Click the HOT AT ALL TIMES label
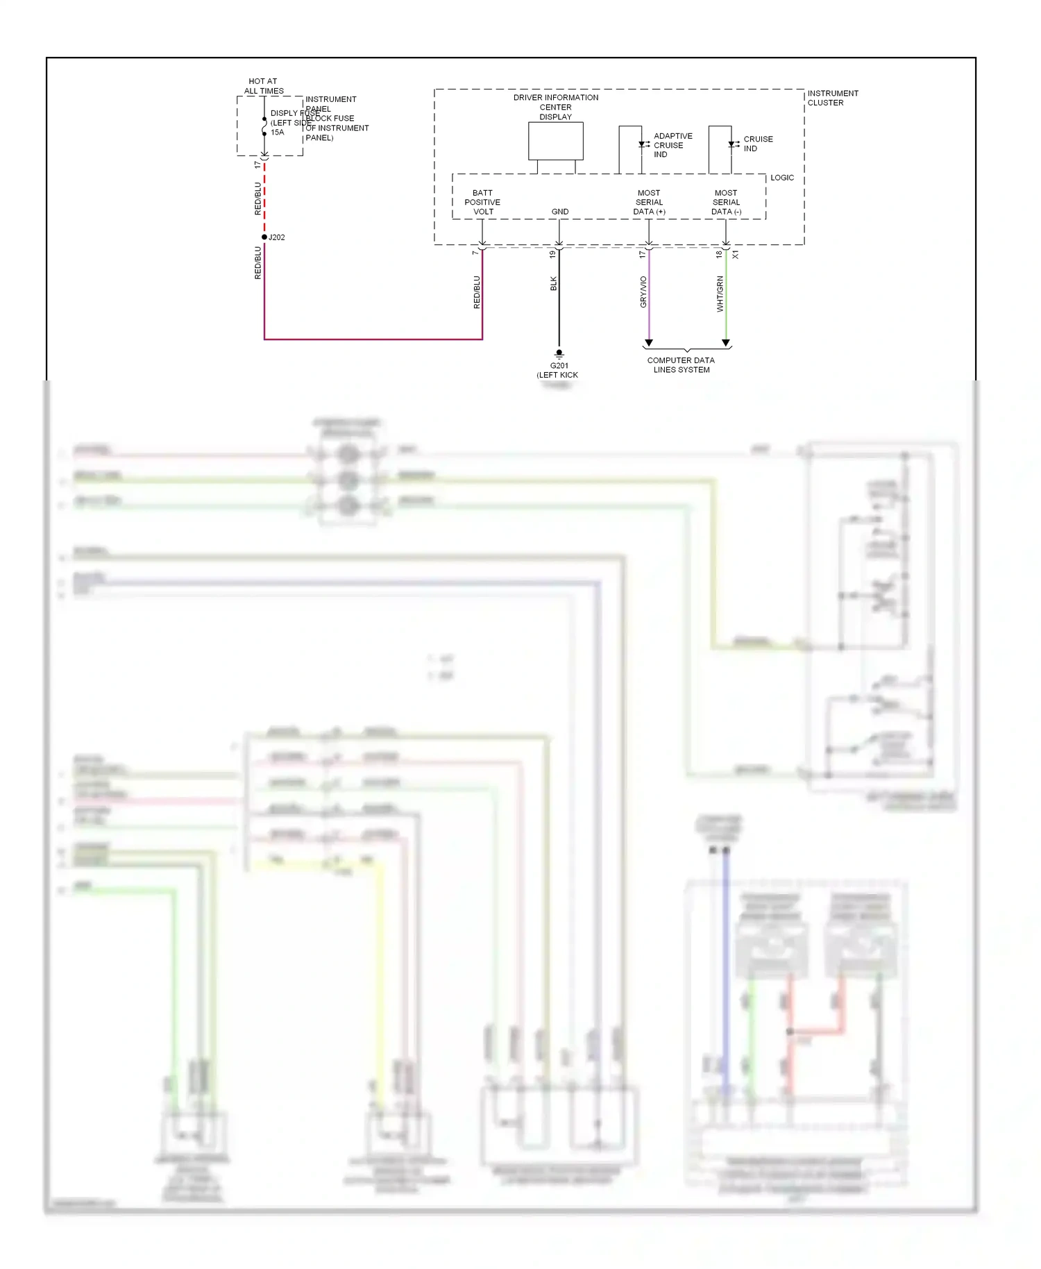[x=264, y=86]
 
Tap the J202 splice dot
[x=264, y=237]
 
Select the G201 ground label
[x=559, y=366]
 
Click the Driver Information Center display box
[x=555, y=141]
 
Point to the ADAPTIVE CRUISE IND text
[x=672, y=146]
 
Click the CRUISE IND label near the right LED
[x=757, y=144]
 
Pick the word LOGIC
[x=781, y=178]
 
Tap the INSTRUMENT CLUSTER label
[x=832, y=98]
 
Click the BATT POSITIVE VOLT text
[x=482, y=203]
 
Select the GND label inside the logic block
[x=559, y=212]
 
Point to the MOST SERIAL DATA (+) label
[x=649, y=203]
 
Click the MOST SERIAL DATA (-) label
[x=726, y=203]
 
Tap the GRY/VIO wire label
[x=643, y=292]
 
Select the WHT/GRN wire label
[x=720, y=294]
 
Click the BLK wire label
[x=553, y=283]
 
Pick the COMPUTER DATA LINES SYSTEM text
[x=681, y=365]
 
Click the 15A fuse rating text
[x=277, y=133]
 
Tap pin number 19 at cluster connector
[x=552, y=255]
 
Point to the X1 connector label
[x=735, y=255]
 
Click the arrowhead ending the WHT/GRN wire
[x=726, y=343]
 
